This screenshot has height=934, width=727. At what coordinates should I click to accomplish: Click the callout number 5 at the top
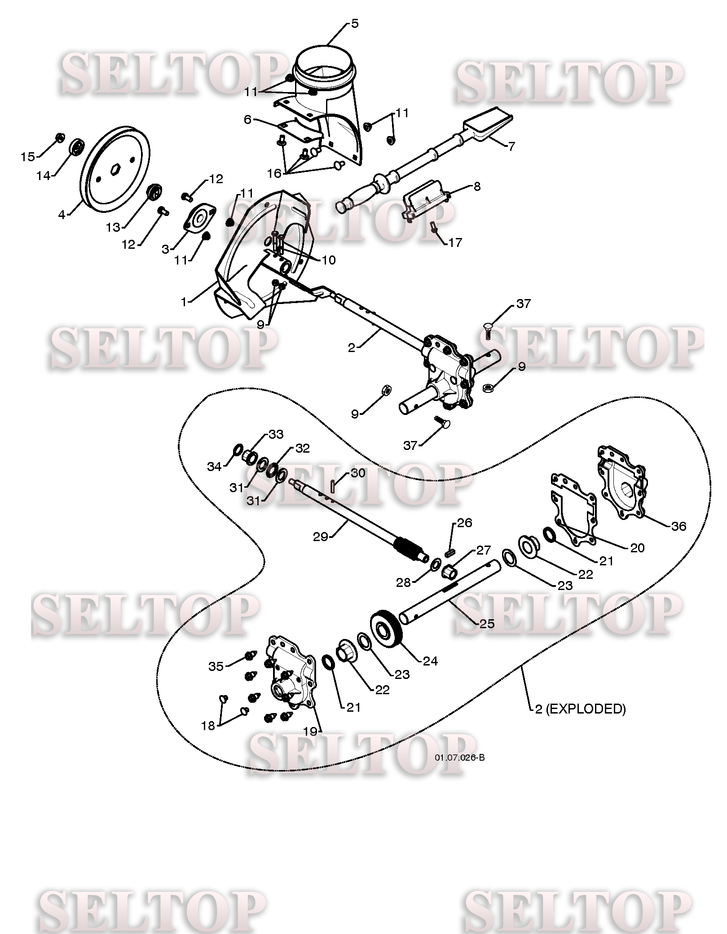tap(355, 23)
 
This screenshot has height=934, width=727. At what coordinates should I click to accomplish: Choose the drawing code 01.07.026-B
tap(459, 758)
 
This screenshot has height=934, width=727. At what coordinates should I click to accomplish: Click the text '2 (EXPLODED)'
tap(580, 709)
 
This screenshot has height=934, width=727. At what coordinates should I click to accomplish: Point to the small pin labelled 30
tap(333, 486)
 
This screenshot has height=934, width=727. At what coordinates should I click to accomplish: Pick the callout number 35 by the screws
tap(216, 666)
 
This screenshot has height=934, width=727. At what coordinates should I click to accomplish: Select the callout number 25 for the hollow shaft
tap(487, 624)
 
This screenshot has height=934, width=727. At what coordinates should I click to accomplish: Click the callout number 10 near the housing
tap(329, 260)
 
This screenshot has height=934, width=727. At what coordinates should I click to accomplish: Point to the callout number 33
tap(276, 434)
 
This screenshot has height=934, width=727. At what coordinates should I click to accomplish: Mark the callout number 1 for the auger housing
tap(183, 302)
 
